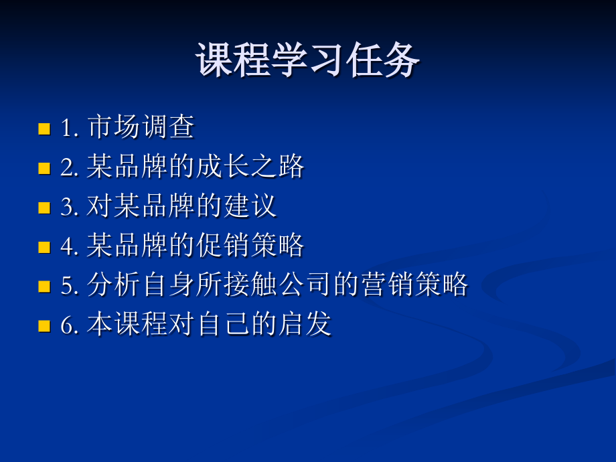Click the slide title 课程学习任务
click(308, 61)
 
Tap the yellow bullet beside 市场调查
click(45, 129)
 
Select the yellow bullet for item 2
click(45, 168)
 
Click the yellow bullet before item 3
click(45, 208)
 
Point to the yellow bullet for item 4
click(45, 247)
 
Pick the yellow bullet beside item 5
click(45, 287)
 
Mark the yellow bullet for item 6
click(45, 326)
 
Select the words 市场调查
click(141, 127)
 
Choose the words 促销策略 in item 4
click(251, 246)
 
